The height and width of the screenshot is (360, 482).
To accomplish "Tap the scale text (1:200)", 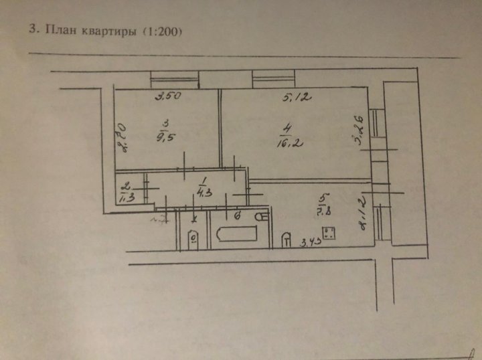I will [x=160, y=31].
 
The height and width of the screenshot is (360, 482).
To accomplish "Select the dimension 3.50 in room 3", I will [x=169, y=97].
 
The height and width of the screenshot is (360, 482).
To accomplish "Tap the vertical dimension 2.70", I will [x=123, y=137].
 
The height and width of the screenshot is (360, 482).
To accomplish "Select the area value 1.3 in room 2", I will [x=125, y=197].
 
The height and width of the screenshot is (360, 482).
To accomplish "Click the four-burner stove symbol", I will [x=329, y=234].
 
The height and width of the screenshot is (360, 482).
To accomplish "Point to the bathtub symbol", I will [x=234, y=234].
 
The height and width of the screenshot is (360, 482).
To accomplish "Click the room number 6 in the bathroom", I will [x=238, y=216].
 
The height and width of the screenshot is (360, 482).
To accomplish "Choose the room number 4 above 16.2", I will [x=286, y=126].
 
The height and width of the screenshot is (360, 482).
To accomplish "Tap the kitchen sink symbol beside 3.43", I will [x=287, y=238].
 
